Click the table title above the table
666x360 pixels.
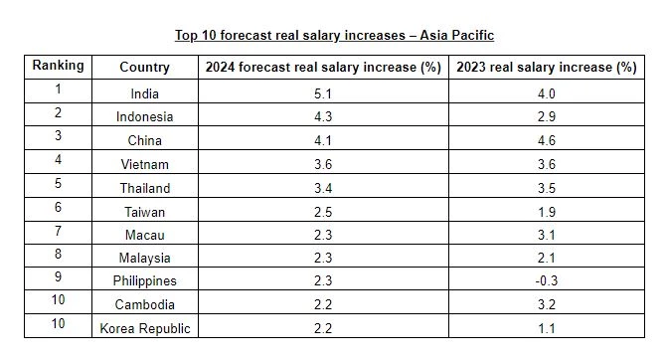click(x=334, y=36)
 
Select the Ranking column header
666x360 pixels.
click(x=58, y=66)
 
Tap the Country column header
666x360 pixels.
click(x=144, y=68)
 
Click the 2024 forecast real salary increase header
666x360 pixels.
click(x=322, y=68)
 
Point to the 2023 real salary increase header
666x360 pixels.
click(x=546, y=68)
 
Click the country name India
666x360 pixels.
click(x=144, y=94)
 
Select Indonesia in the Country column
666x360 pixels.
click(x=144, y=117)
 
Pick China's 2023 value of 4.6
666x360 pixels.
click(x=546, y=141)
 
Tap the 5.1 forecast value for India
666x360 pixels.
click(x=322, y=94)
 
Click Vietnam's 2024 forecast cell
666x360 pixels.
click(x=322, y=164)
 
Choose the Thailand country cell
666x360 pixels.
click(x=144, y=188)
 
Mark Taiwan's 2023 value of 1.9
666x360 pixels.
click(x=546, y=211)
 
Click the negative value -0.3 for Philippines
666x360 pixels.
click(x=546, y=280)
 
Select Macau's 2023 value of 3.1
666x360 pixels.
click(x=546, y=235)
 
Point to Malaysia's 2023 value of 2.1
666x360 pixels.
click(x=546, y=258)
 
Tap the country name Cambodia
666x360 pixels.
click(x=144, y=304)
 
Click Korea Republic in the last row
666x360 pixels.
click(x=144, y=328)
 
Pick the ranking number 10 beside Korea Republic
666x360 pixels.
click(x=58, y=325)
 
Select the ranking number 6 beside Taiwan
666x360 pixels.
click(x=58, y=208)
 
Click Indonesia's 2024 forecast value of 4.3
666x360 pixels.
click(x=322, y=117)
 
